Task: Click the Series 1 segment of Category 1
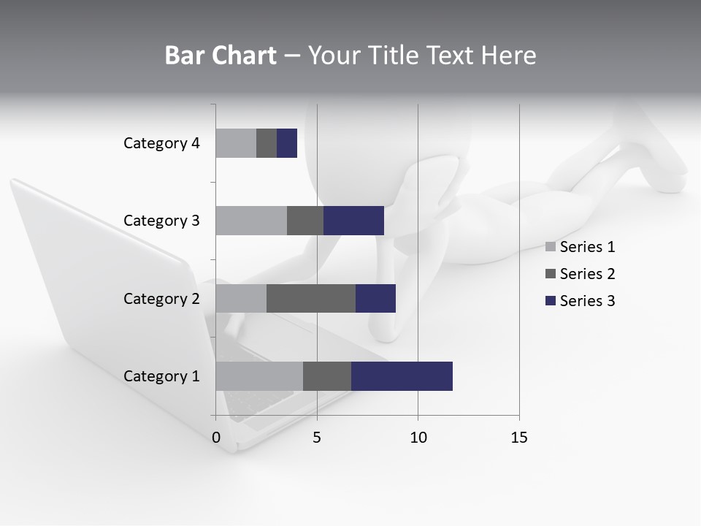click(x=259, y=376)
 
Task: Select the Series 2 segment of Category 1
click(x=327, y=376)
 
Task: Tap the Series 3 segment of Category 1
click(x=402, y=376)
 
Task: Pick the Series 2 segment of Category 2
click(x=311, y=298)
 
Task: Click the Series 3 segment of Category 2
click(x=375, y=298)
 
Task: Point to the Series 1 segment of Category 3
click(x=251, y=221)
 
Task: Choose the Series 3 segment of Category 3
click(x=353, y=221)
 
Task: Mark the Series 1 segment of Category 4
click(x=236, y=143)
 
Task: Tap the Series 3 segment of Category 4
click(x=287, y=143)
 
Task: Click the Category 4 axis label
click(x=161, y=143)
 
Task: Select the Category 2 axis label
click(x=161, y=298)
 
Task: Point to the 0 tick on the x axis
click(x=216, y=438)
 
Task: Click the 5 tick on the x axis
click(x=317, y=438)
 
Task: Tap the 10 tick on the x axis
click(x=418, y=438)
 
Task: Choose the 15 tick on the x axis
click(x=518, y=438)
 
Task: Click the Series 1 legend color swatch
click(x=551, y=247)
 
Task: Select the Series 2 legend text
click(x=587, y=274)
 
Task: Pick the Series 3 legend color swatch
click(x=551, y=301)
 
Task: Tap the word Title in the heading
click(x=392, y=56)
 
